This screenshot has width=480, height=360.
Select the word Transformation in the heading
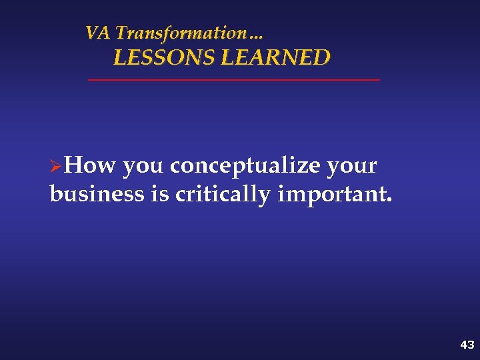click(181, 33)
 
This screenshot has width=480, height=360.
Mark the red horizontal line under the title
click(233, 80)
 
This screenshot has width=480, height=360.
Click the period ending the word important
click(390, 201)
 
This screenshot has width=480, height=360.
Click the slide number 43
click(467, 345)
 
